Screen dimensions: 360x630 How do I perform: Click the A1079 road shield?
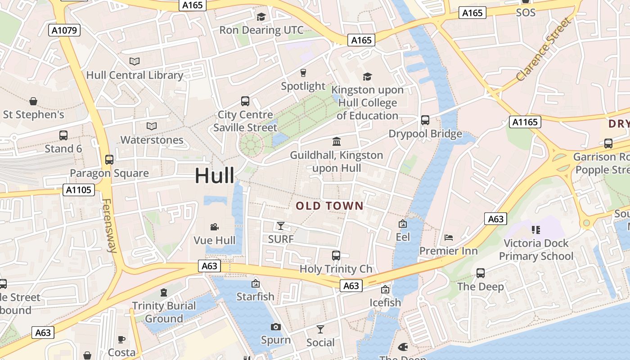coord(64,30)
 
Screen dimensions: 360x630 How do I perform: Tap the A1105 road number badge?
coord(79,190)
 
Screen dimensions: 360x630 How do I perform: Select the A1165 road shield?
coord(525,121)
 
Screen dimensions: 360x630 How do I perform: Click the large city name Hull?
coord(214,175)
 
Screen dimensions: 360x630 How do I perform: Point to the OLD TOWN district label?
coord(329,206)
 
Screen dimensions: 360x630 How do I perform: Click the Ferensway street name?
coord(109,226)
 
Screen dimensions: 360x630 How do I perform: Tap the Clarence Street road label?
coord(544,50)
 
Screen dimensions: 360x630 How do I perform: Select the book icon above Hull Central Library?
coord(135,61)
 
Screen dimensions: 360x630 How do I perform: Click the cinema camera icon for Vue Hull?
coord(215,227)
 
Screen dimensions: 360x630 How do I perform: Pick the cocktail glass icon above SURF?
coord(281,225)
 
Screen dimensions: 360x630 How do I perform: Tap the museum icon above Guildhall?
coord(336,142)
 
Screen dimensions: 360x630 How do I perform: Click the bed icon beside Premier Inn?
coord(448,237)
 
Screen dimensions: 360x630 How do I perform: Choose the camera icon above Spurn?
coord(276,327)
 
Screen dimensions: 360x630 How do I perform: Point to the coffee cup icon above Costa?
coord(121,339)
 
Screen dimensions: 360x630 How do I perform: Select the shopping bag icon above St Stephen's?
coord(33,101)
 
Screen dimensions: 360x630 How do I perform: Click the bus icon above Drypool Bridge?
coord(425,120)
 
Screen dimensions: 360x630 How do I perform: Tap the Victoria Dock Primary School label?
coord(536,250)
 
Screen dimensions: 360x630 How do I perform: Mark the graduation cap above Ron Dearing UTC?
coord(261,17)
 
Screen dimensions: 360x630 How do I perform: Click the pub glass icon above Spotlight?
coord(303,72)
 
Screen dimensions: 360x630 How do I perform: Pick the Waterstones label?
coord(152,140)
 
